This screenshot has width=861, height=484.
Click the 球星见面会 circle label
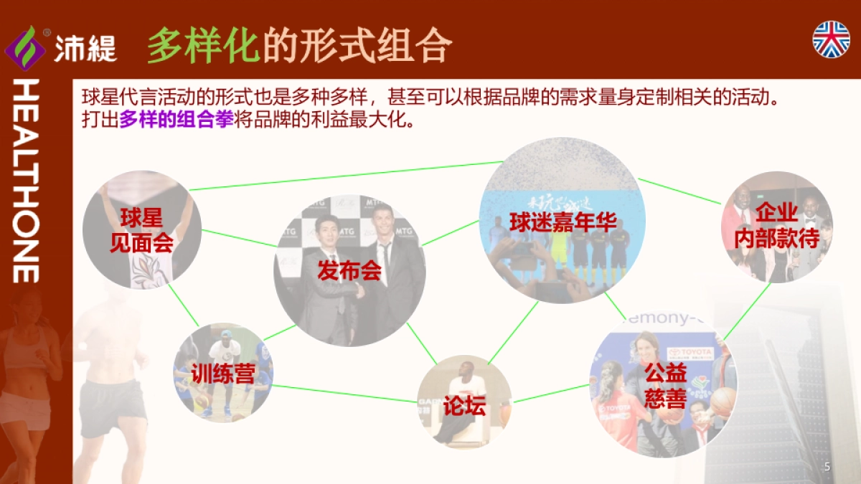click(x=141, y=229)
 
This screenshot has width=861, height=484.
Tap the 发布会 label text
click(x=349, y=271)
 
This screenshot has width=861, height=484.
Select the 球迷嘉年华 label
click(x=563, y=222)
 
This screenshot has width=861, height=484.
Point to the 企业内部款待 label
click(x=776, y=225)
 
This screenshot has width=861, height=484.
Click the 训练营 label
click(x=223, y=373)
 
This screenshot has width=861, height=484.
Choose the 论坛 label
click(x=464, y=407)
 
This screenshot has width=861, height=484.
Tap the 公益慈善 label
click(x=665, y=385)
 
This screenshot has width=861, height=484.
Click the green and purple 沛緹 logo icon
click(x=25, y=48)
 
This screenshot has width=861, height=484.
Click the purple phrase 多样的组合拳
click(x=177, y=120)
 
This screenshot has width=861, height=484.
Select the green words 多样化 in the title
click(x=202, y=46)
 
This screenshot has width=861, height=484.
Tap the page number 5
click(x=827, y=467)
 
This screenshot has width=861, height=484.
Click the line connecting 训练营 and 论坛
click(x=344, y=394)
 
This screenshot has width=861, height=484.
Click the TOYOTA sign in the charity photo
click(x=690, y=353)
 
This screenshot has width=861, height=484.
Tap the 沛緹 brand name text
click(x=85, y=49)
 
